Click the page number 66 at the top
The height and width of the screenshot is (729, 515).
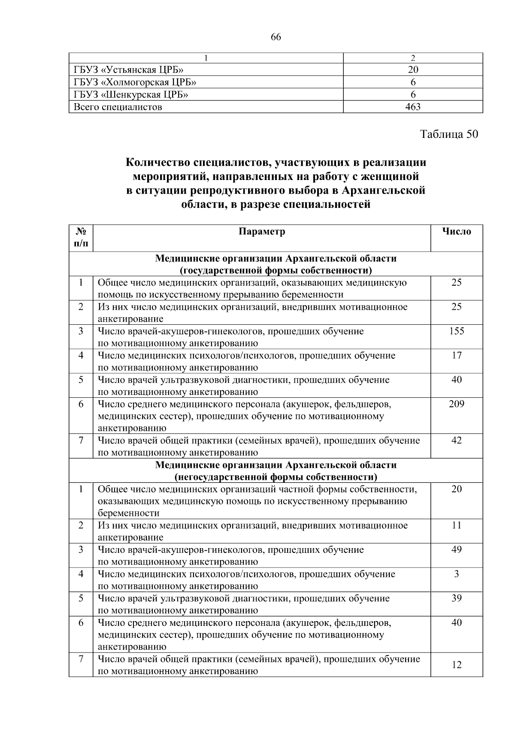point(276,37)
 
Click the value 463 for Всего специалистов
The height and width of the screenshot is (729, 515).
point(413,107)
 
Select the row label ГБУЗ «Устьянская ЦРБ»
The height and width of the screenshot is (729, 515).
point(129,70)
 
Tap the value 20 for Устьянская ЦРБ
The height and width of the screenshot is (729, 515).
point(413,70)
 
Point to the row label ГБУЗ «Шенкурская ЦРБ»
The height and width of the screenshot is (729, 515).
point(131,95)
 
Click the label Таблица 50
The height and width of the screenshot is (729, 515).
point(449,134)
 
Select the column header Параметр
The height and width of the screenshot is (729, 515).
point(262,232)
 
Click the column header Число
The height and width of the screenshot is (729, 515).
point(457,232)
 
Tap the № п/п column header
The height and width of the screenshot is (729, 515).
point(81,238)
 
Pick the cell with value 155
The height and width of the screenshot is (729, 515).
point(457,331)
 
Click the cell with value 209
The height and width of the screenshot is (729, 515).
point(457,404)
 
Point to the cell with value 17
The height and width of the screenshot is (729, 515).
point(457,356)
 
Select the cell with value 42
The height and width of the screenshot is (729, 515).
point(457,441)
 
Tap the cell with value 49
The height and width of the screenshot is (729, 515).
point(457,550)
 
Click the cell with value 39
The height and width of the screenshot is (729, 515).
point(457,598)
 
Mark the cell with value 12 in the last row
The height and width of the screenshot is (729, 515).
point(457,665)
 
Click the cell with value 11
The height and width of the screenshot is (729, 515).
point(457,525)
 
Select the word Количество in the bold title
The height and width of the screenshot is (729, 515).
point(156,163)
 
